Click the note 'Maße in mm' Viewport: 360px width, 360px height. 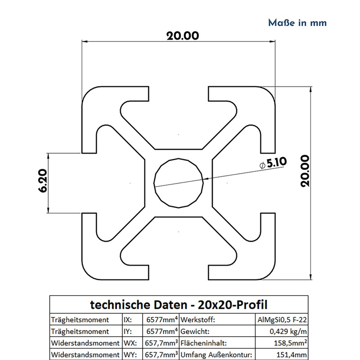297,22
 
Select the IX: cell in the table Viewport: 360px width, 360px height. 128,320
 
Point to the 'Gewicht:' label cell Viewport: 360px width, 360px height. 195,332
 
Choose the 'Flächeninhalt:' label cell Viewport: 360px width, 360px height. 201,343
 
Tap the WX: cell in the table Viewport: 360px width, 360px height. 129,343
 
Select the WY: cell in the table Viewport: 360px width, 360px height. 129,355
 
